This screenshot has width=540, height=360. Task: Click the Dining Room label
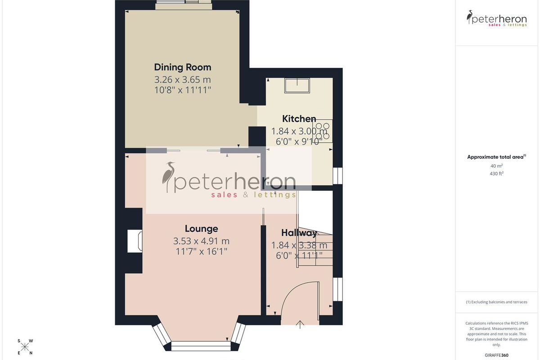point(183,67)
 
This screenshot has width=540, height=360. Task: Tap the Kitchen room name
point(299,119)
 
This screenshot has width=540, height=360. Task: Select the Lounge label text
point(201,229)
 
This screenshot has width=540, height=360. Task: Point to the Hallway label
point(299,233)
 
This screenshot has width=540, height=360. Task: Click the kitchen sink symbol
point(297,85)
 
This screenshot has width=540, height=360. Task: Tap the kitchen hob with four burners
point(323,131)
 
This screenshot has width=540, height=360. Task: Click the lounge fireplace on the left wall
point(135,241)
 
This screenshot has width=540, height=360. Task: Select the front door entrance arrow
point(300,324)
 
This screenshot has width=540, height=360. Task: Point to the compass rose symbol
point(25,347)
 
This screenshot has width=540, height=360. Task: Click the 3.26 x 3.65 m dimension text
point(183,79)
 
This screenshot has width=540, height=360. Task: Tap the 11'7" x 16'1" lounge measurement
point(201,252)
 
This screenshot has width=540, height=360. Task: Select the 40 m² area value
point(496,166)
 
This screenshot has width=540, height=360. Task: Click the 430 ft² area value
point(496,173)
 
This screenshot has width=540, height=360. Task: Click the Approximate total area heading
point(496,157)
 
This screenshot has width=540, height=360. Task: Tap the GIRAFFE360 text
point(496,355)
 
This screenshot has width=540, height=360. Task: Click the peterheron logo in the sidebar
point(496,18)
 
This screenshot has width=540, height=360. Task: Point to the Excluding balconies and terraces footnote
point(496,302)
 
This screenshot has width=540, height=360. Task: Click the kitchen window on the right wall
point(338,176)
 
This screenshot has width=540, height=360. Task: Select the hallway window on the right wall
point(338,289)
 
